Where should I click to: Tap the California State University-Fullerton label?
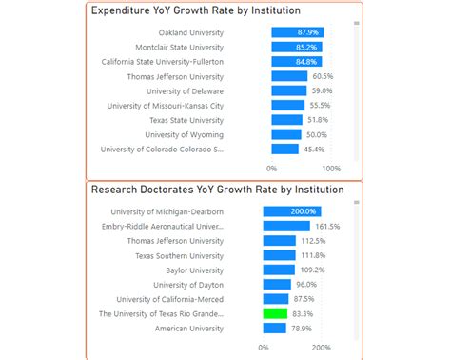tap(164, 62)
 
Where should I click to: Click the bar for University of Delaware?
tap(288, 91)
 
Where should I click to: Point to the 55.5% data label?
tap(320, 106)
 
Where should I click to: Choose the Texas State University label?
tap(186, 120)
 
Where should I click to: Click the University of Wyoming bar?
tap(285, 135)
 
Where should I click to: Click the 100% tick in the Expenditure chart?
tap(331, 168)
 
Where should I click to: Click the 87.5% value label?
tap(305, 299)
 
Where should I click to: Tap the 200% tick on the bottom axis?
tap(322, 347)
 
